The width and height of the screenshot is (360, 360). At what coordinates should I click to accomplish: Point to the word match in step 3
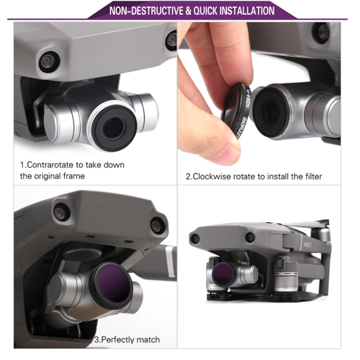point(148,339)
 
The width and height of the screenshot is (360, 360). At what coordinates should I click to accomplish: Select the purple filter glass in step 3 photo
point(111,283)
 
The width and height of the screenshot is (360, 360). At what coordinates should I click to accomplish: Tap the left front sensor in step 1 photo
point(49,61)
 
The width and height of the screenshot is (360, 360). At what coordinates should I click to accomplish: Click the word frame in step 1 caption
point(74,176)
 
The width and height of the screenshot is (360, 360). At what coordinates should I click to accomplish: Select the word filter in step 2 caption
point(313,177)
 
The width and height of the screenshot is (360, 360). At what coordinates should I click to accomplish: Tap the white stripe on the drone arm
point(170,262)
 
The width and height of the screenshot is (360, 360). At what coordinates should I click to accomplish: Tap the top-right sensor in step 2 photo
point(323,33)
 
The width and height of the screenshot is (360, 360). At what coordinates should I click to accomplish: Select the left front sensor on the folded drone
point(196,239)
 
